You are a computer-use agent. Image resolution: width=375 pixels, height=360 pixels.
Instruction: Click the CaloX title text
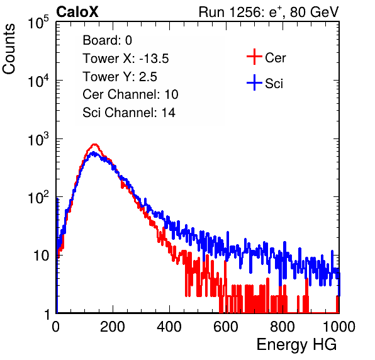(x=77, y=12)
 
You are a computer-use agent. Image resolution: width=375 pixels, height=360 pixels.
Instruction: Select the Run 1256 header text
(x=269, y=13)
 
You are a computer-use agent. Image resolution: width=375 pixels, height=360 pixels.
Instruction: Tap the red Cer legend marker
(x=254, y=57)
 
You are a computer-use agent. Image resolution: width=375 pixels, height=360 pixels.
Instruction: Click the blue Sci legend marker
(x=254, y=83)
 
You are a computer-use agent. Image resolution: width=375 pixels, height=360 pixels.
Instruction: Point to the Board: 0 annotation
(x=107, y=40)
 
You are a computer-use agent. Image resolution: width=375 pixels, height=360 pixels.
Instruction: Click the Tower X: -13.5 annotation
(x=126, y=59)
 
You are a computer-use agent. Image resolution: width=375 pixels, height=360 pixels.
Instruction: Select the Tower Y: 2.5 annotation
(x=120, y=77)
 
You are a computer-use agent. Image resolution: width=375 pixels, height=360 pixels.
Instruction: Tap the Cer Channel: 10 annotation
(x=130, y=94)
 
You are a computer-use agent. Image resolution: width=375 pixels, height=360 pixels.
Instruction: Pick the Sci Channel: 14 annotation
(x=129, y=113)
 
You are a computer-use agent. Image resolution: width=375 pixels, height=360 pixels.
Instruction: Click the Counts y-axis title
(x=9, y=49)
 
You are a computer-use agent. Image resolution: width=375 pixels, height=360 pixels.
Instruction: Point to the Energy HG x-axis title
(x=296, y=344)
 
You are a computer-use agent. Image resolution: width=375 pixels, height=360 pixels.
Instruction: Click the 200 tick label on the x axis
(x=113, y=327)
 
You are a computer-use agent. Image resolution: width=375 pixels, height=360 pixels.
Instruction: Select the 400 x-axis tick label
(x=169, y=327)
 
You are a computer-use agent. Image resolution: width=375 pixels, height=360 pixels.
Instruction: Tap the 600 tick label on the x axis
(x=226, y=327)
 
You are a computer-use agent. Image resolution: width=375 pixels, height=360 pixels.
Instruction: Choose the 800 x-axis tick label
(x=283, y=327)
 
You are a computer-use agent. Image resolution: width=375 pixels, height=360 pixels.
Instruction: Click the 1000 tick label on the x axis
(x=339, y=327)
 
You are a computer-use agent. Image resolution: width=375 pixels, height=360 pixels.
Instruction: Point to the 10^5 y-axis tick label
(x=38, y=23)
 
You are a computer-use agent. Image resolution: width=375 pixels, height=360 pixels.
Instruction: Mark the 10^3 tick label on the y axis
(x=38, y=139)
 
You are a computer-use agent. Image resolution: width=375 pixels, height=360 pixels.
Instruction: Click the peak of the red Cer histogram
(x=95, y=144)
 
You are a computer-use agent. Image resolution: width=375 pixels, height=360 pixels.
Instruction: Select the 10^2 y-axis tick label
(x=38, y=198)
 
